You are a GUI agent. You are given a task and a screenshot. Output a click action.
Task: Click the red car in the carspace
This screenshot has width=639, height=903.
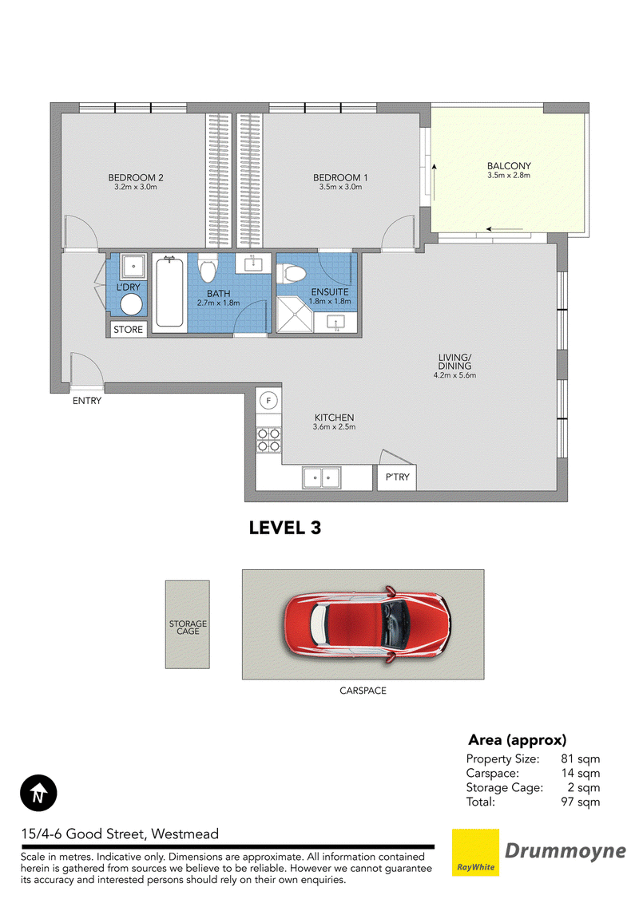[367, 624]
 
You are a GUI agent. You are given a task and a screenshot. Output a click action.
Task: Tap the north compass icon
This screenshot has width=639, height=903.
[38, 793]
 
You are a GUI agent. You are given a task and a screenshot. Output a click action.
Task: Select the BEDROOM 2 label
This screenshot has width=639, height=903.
[136, 178]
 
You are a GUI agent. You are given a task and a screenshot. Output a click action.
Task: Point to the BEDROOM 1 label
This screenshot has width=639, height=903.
[340, 178]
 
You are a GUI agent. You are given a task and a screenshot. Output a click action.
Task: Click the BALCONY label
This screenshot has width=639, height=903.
[509, 166]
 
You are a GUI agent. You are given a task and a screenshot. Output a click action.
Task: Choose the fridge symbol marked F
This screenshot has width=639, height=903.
[268, 400]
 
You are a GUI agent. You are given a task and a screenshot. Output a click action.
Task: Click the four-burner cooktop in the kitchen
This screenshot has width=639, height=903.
[268, 440]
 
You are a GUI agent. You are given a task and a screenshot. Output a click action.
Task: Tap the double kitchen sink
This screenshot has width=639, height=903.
[322, 478]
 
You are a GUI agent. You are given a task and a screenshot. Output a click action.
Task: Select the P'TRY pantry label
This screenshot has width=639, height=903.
[398, 477]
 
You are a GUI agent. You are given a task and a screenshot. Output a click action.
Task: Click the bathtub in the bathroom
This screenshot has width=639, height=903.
[169, 293]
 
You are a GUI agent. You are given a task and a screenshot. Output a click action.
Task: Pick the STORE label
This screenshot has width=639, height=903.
[128, 330]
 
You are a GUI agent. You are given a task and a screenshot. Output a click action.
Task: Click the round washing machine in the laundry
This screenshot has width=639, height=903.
[131, 305]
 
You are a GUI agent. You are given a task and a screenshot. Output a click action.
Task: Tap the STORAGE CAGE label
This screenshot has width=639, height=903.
[188, 627]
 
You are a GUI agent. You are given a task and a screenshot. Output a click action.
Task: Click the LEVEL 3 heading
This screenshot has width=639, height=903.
[284, 528]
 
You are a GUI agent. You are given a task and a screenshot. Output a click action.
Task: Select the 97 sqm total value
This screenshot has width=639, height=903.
[580, 802]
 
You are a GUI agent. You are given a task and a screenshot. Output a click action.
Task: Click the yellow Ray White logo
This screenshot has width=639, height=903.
[475, 853]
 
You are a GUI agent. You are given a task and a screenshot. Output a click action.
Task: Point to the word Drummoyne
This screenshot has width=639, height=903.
[566, 851]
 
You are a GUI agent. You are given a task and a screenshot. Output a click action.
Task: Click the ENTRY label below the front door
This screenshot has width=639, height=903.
[87, 401]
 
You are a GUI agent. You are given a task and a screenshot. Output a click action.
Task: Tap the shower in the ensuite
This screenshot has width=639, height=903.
[295, 315]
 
